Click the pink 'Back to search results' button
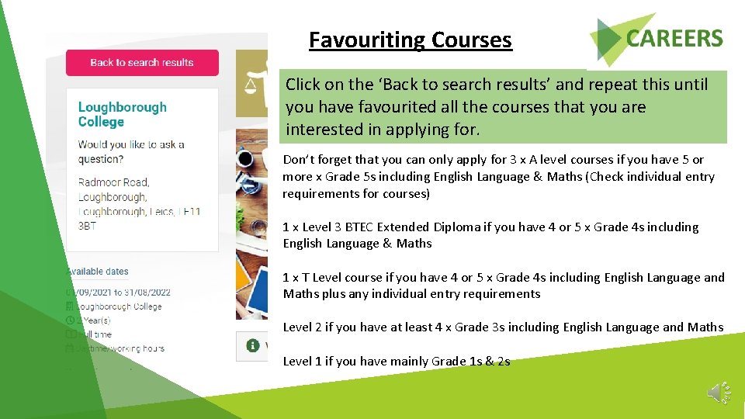(142, 63)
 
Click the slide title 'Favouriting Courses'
(410, 40)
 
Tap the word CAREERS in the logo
(674, 38)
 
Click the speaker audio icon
(719, 393)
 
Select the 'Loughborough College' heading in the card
(122, 114)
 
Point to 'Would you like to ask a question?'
(131, 151)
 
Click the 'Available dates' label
(99, 272)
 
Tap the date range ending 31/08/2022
(120, 293)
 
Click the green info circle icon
(252, 345)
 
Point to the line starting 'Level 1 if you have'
(396, 361)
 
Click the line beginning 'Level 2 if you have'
(502, 327)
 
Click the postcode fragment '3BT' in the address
(87, 226)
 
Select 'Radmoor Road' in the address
(113, 182)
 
